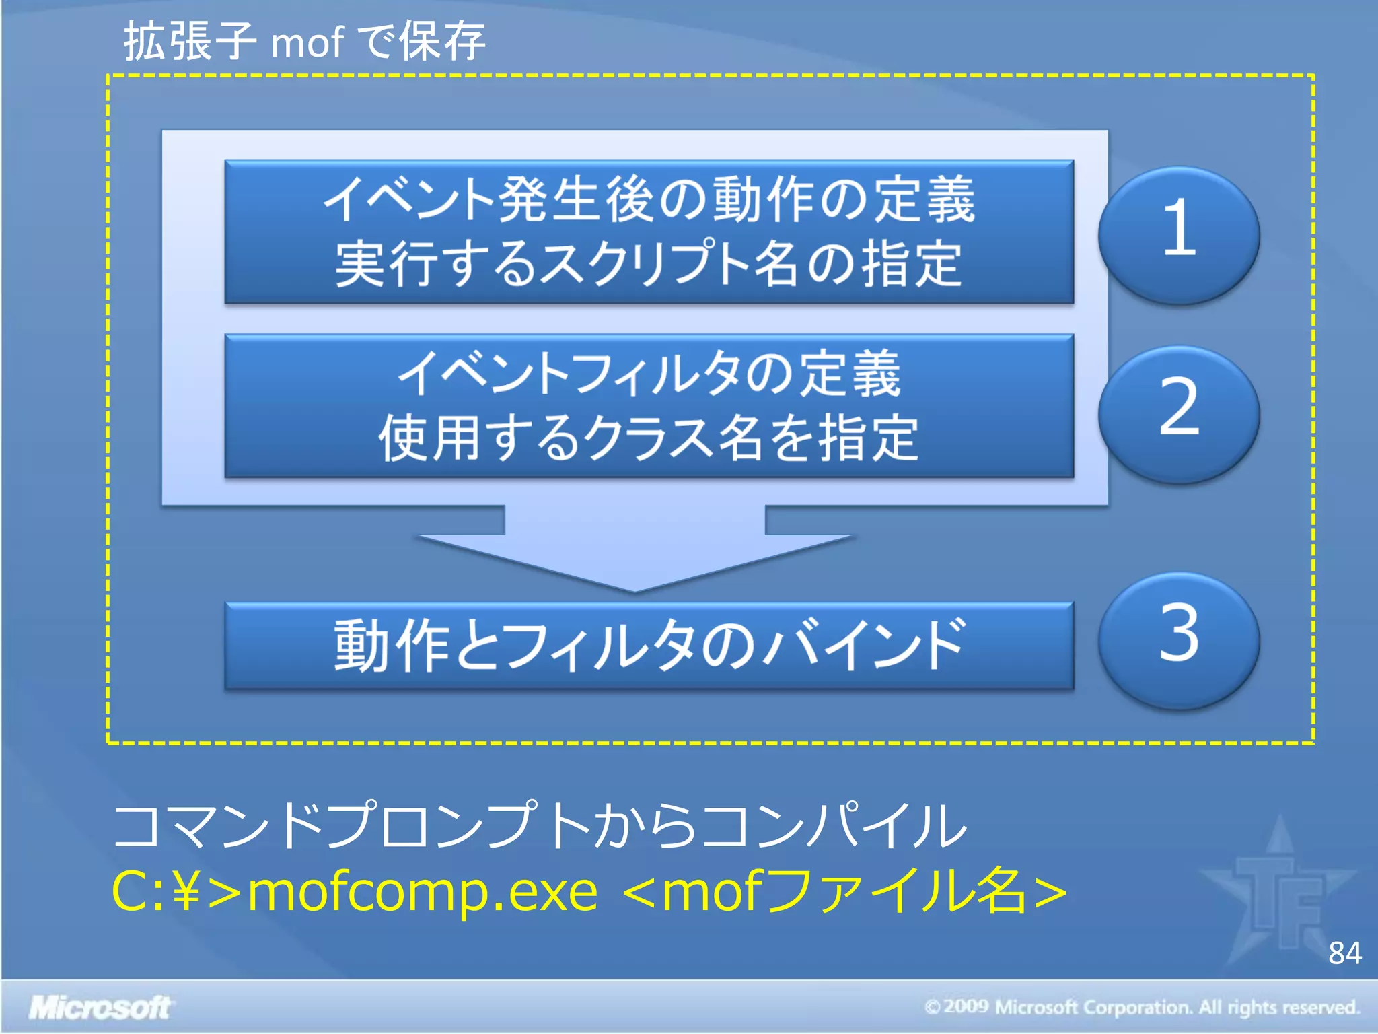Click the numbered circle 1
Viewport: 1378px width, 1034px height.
click(1179, 234)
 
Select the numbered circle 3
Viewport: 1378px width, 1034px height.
click(1179, 639)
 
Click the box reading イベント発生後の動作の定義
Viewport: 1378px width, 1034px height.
click(649, 200)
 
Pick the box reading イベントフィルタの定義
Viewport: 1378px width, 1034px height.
click(649, 374)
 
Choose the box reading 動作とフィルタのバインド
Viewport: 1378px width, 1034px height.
click(649, 646)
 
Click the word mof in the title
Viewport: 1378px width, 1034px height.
click(307, 42)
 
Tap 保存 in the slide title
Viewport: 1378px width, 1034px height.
click(442, 42)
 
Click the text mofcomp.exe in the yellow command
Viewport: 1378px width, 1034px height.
click(423, 892)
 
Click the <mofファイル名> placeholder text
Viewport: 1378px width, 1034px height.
click(844, 892)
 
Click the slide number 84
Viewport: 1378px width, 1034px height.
click(1344, 953)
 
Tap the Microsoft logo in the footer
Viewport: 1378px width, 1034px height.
click(100, 1008)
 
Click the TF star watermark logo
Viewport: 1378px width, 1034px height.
click(1278, 895)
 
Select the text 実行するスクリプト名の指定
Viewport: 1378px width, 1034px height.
click(649, 265)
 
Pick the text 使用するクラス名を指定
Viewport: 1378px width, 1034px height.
click(649, 438)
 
